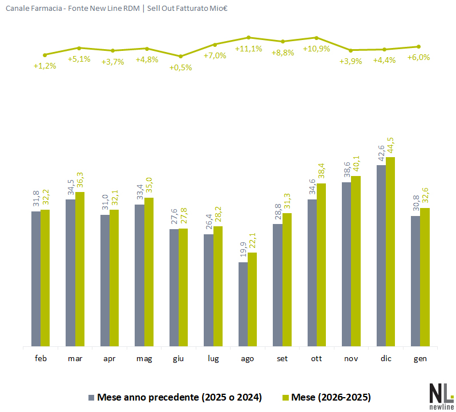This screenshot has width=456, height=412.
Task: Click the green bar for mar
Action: click(x=80, y=269)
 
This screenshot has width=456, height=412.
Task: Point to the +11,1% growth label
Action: click(x=248, y=49)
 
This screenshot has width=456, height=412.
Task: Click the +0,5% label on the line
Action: click(x=180, y=67)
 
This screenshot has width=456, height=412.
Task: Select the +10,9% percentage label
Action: click(x=316, y=49)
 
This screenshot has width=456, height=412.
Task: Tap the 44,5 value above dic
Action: click(x=390, y=146)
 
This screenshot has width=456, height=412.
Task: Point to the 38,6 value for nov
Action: click(x=346, y=170)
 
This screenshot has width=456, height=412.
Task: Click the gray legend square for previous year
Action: click(x=91, y=397)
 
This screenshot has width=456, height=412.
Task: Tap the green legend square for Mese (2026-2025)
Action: click(x=285, y=397)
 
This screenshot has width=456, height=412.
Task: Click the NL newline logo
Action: click(x=441, y=395)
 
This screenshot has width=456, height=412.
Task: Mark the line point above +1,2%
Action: click(x=45, y=55)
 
